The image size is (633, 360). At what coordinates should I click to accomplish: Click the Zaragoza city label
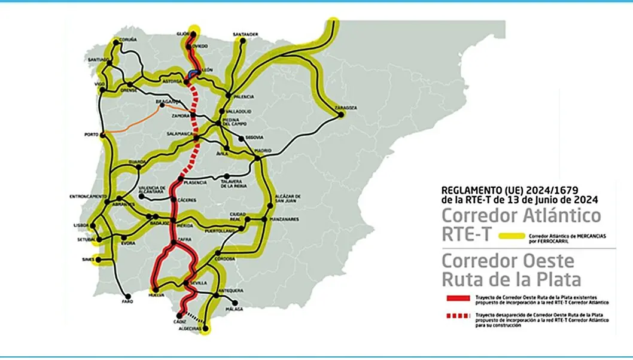[x=347, y=108]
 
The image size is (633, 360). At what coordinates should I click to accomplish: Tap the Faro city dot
[x=127, y=295]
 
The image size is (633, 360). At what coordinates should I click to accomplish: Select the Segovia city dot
[x=241, y=138]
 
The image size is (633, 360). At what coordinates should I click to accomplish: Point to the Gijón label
[x=183, y=33]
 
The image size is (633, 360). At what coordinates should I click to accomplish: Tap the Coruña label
[x=128, y=39]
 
